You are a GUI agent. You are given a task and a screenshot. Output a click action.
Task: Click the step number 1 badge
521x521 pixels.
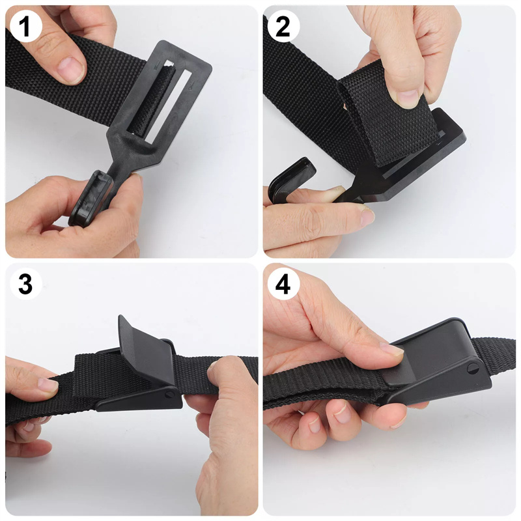click(x=26, y=26)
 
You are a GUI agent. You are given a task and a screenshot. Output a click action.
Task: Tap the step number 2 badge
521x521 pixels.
click(x=283, y=26)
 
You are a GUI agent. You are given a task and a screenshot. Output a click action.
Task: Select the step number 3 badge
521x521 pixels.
click(x=26, y=283)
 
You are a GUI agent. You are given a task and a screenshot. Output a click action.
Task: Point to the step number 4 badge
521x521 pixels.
click(x=283, y=283)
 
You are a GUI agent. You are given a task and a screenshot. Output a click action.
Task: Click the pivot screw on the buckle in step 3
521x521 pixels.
click(x=170, y=395)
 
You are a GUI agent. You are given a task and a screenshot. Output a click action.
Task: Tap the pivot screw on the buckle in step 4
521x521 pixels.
click(x=473, y=369)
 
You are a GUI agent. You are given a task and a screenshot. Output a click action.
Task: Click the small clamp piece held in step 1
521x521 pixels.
click(x=88, y=199)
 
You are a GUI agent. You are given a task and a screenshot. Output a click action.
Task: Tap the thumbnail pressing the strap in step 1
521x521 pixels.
click(x=71, y=69)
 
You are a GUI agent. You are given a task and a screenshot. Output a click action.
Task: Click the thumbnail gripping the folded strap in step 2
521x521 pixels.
click(x=408, y=99)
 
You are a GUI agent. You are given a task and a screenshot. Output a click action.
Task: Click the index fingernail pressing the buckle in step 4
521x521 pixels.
click(x=392, y=349)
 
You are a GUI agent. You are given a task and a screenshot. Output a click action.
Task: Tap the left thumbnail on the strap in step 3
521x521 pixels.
click(x=48, y=385)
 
